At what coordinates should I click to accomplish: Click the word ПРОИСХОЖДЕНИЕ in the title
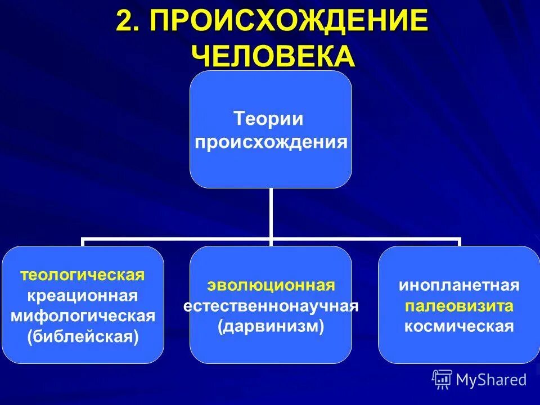(287, 22)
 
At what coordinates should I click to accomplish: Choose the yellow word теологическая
(83, 275)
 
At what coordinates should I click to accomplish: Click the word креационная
(83, 295)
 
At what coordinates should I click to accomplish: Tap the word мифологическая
(83, 316)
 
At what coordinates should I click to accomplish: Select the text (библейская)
(83, 336)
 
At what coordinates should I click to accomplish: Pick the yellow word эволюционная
(271, 285)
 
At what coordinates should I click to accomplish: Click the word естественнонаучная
(271, 306)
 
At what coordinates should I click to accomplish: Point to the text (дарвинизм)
(271, 327)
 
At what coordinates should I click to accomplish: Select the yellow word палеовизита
(459, 306)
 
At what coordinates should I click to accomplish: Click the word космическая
(459, 327)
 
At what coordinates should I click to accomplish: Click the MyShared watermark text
(491, 380)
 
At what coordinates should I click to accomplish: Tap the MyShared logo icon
(442, 380)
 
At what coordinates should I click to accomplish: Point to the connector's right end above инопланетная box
(459, 241)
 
